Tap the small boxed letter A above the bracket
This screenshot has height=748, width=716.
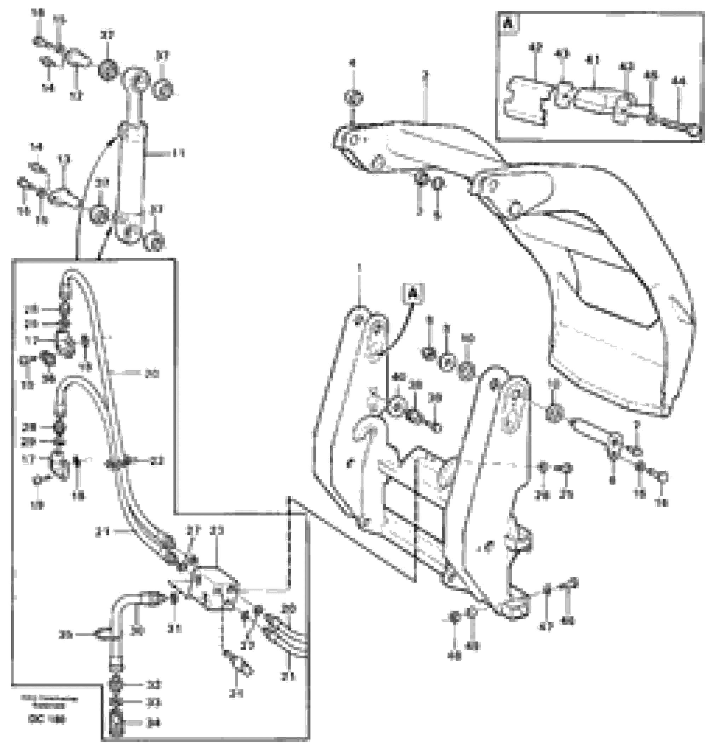(x=413, y=294)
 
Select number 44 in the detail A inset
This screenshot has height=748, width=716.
(x=678, y=81)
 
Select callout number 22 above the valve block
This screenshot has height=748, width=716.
(x=217, y=531)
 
